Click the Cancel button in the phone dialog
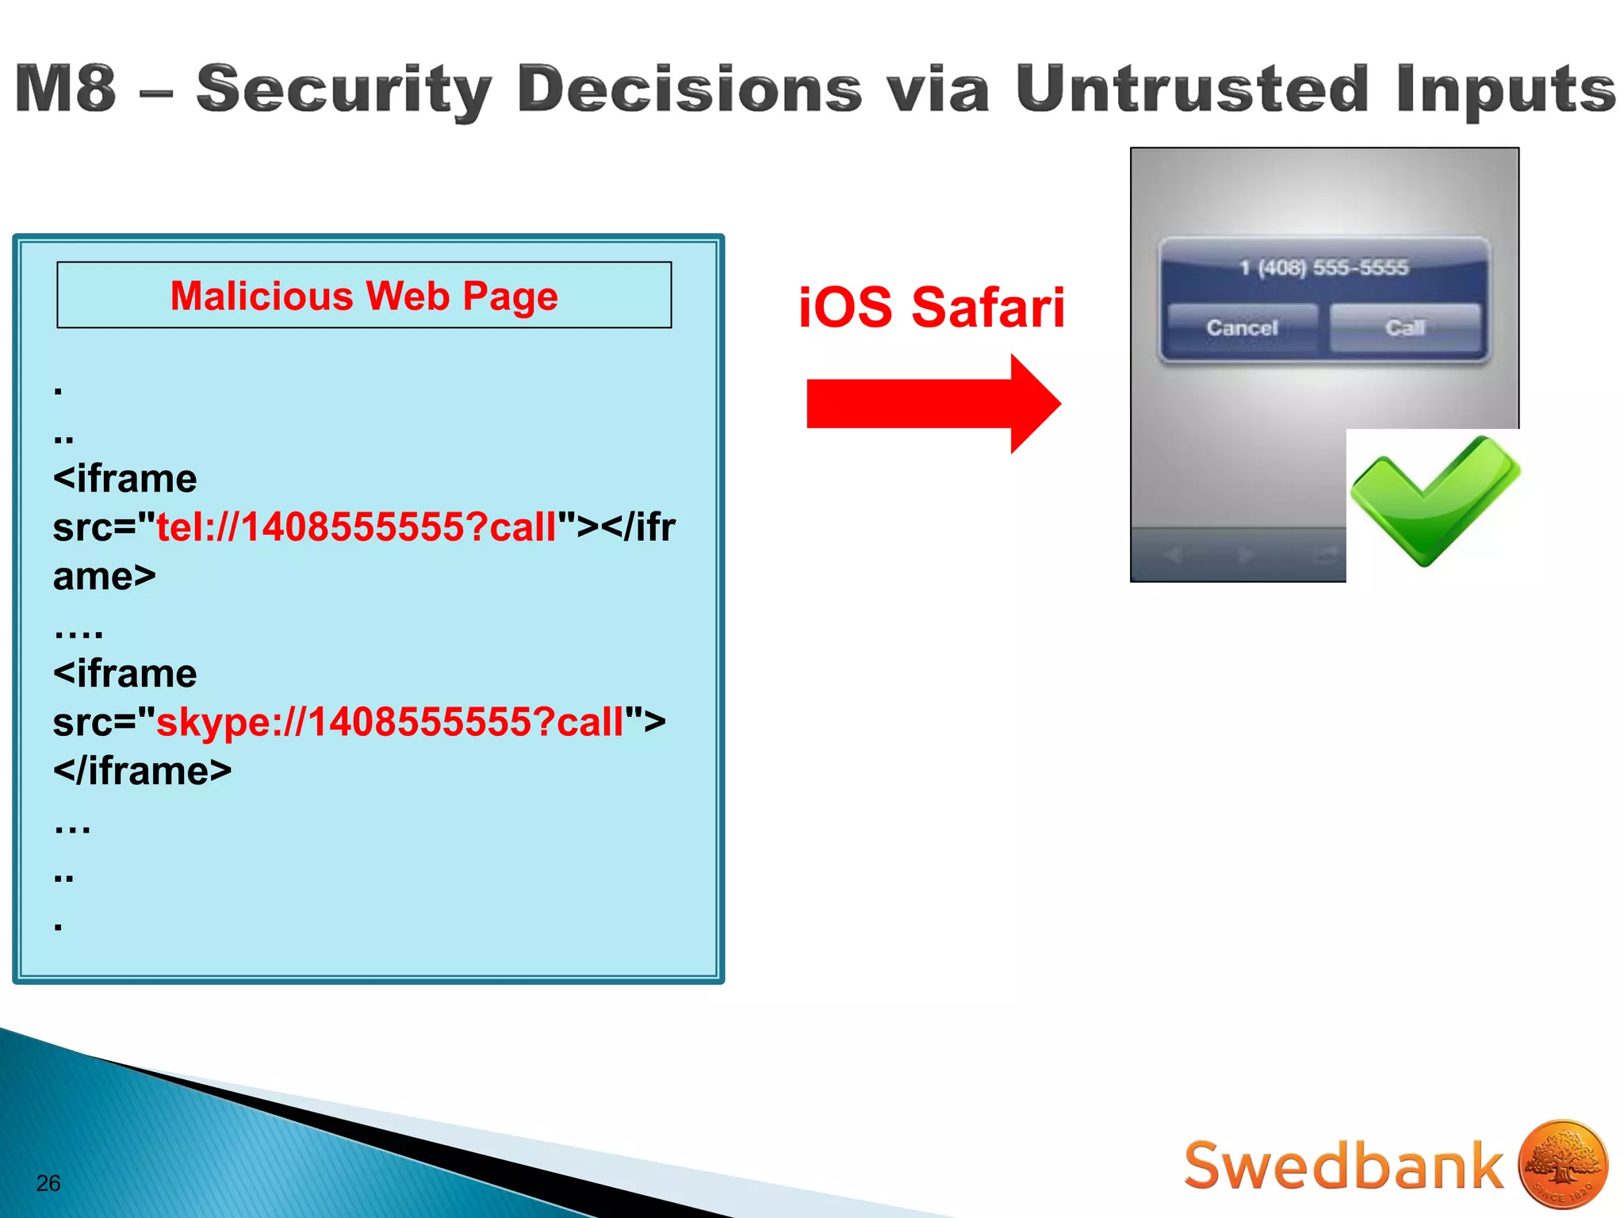click(1242, 327)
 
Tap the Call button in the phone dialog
click(1405, 327)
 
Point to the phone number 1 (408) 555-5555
click(1324, 267)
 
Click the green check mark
click(1434, 500)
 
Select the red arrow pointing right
click(933, 404)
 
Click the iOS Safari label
click(932, 308)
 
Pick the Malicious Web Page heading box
click(364, 295)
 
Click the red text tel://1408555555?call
click(357, 527)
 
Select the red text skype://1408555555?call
click(390, 722)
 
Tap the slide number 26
click(48, 1183)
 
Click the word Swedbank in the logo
click(1343, 1166)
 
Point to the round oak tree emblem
click(1562, 1164)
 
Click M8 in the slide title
click(66, 89)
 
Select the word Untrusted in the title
click(1192, 89)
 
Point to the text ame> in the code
click(104, 576)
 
